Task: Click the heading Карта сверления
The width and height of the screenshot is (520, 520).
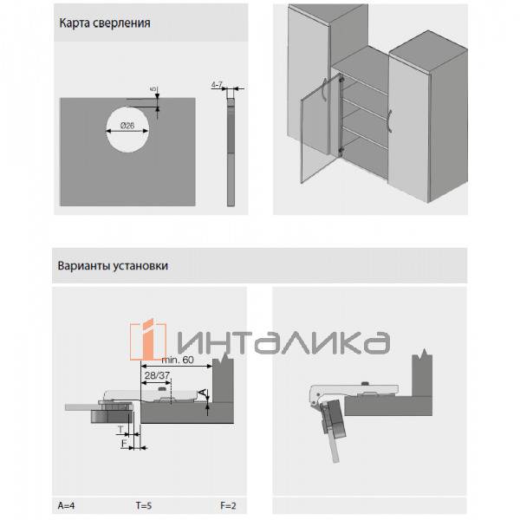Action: pos(105,23)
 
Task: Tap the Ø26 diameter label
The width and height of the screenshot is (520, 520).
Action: pos(127,126)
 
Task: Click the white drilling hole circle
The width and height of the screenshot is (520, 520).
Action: pos(127,130)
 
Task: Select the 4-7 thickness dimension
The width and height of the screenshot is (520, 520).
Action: pos(217,85)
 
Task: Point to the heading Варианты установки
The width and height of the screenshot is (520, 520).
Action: pos(113,266)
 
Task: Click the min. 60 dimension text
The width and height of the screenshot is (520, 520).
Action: pos(178,360)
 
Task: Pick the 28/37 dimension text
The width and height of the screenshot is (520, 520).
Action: pos(157,375)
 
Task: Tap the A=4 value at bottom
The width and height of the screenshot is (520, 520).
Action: pos(67,506)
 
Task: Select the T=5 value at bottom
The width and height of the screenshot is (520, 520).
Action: pos(144,506)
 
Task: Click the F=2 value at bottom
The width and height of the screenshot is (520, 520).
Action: pos(228,506)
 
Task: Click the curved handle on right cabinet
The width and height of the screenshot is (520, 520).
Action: pos(391,121)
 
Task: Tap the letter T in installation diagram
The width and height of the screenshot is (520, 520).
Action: pos(120,430)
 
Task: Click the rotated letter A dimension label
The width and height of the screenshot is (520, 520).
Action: pos(202,393)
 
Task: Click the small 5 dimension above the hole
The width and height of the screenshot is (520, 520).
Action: pos(153,89)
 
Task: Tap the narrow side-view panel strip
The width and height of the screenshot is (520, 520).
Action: pos(231,153)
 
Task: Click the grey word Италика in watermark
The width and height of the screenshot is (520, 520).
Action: pos(283,342)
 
